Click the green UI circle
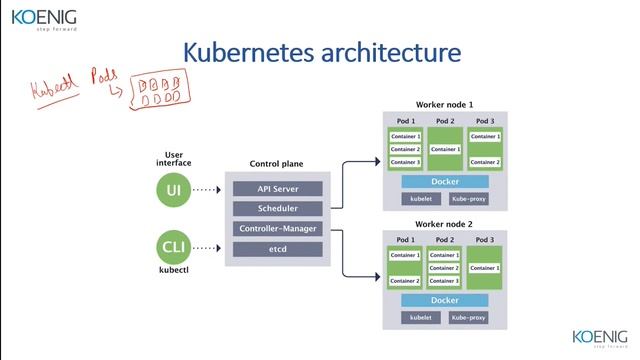[x=173, y=188]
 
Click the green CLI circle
[x=173, y=246]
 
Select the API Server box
[x=278, y=189]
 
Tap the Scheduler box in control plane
[x=278, y=209]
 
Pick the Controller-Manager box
[x=278, y=229]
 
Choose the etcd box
[x=278, y=249]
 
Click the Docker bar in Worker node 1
[x=444, y=182]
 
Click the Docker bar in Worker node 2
[x=444, y=300]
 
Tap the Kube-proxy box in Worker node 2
[x=470, y=317]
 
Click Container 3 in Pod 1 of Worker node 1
[x=405, y=162]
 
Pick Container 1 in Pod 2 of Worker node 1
[x=445, y=149]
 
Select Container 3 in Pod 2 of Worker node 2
[x=445, y=281]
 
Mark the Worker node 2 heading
[x=444, y=225]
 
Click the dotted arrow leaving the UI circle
[x=206, y=188]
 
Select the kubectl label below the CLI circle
[x=173, y=270]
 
